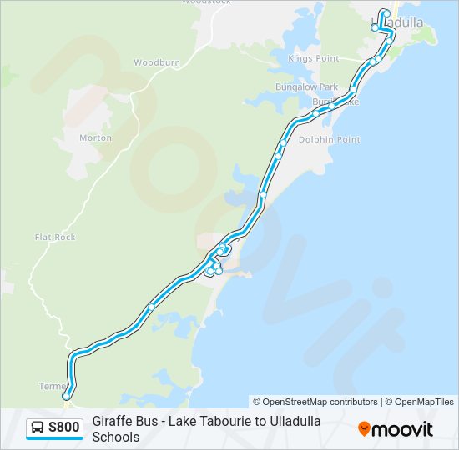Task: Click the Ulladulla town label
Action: [x=397, y=22]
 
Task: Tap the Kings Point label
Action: [x=313, y=59]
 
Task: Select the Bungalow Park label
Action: [x=306, y=87]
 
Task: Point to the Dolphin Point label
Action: [x=330, y=140]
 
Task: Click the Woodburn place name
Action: [x=157, y=62]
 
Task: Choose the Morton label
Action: [x=95, y=137]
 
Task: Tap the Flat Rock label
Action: [x=55, y=237]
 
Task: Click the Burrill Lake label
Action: [x=335, y=102]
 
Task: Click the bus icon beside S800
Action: [x=38, y=428]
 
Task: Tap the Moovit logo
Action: [x=396, y=429]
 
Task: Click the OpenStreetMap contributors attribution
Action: [x=315, y=402]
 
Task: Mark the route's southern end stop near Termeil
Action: [x=66, y=397]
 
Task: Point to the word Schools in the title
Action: [x=116, y=437]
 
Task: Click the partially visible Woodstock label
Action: [x=205, y=2]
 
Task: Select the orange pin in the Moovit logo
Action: [x=365, y=429]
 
